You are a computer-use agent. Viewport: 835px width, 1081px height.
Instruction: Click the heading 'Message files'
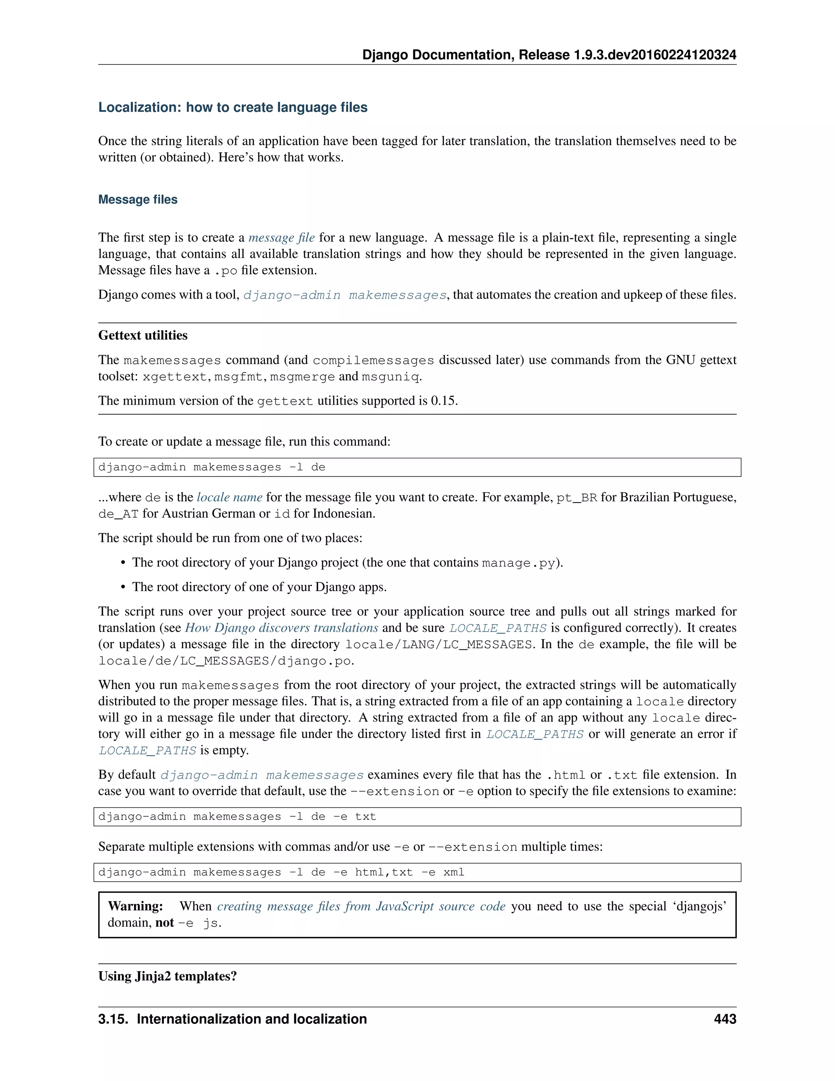click(x=137, y=199)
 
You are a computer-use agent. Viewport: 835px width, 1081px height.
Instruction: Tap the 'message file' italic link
click(x=281, y=237)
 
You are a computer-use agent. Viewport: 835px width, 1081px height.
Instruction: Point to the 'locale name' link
click(x=230, y=497)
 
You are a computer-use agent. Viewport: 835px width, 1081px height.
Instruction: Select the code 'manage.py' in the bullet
click(x=519, y=563)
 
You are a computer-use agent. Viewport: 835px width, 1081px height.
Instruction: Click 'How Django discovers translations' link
click(x=281, y=628)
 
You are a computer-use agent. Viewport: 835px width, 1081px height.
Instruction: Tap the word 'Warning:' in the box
click(x=135, y=906)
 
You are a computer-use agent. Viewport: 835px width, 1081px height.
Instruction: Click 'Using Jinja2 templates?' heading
click(x=167, y=976)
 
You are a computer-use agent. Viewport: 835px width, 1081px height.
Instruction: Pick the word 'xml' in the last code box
click(x=454, y=872)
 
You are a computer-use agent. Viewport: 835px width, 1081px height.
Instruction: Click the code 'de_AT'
click(x=118, y=514)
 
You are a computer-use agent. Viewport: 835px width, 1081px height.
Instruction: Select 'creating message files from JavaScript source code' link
click(x=361, y=906)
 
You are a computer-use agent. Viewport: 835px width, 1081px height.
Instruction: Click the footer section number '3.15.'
click(x=114, y=1019)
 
